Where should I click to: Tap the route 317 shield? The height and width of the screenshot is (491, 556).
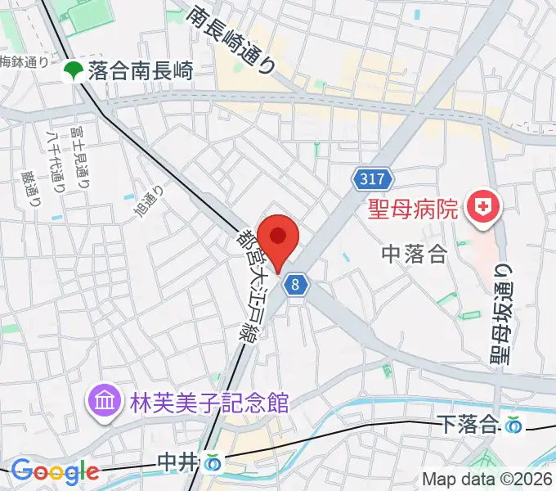(x=374, y=178)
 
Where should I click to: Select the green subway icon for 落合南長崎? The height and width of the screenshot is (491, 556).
(x=73, y=71)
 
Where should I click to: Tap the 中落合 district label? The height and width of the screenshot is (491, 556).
(x=415, y=255)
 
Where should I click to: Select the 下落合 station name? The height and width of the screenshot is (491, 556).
(x=469, y=424)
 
